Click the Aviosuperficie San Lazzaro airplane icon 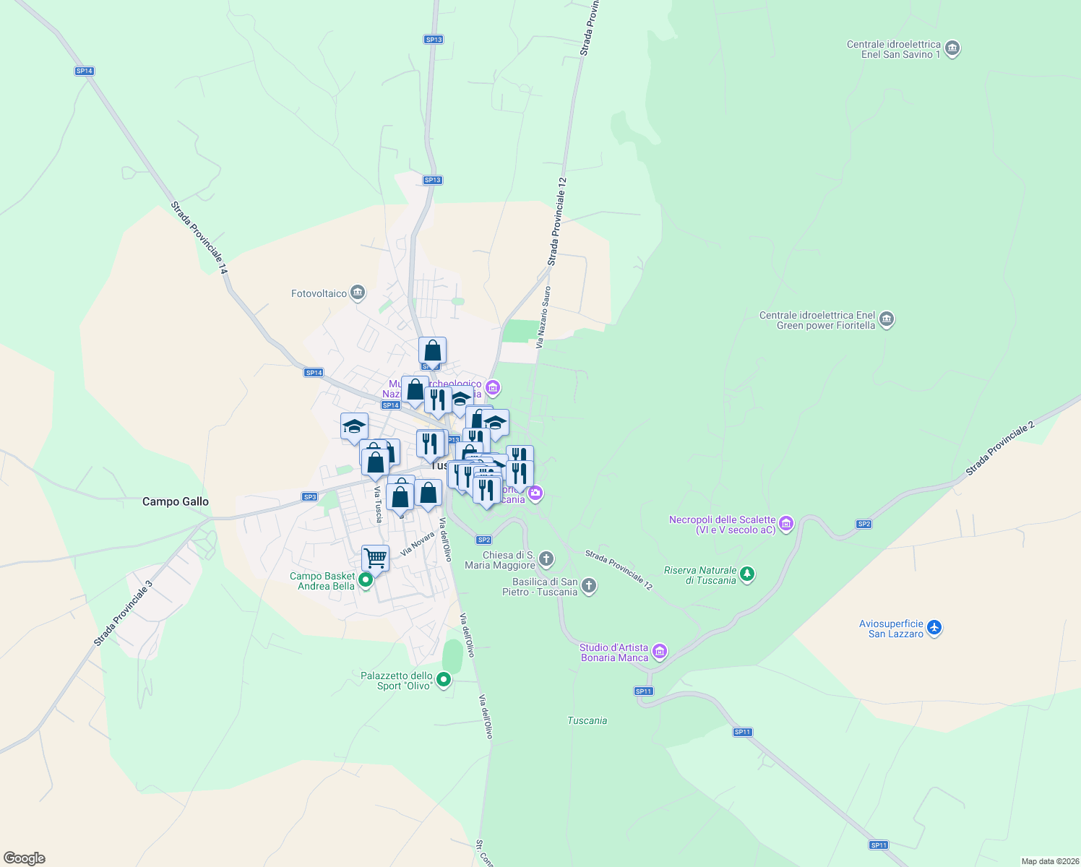point(934,627)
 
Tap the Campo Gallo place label point(176,501)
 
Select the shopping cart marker point(375,558)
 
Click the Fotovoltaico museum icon point(357,293)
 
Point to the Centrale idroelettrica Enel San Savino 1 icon point(952,49)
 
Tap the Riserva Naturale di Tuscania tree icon point(748,574)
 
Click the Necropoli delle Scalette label point(722,525)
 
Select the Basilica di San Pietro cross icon point(589,586)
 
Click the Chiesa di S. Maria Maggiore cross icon point(546,558)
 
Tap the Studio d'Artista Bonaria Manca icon point(659,652)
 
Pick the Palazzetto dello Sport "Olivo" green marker point(444,679)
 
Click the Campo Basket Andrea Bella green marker point(366,579)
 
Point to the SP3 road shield point(309,497)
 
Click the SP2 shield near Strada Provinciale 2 point(863,524)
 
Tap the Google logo point(25,858)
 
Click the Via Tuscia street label point(378,504)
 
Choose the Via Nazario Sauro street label point(543,317)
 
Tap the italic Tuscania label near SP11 point(587,720)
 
